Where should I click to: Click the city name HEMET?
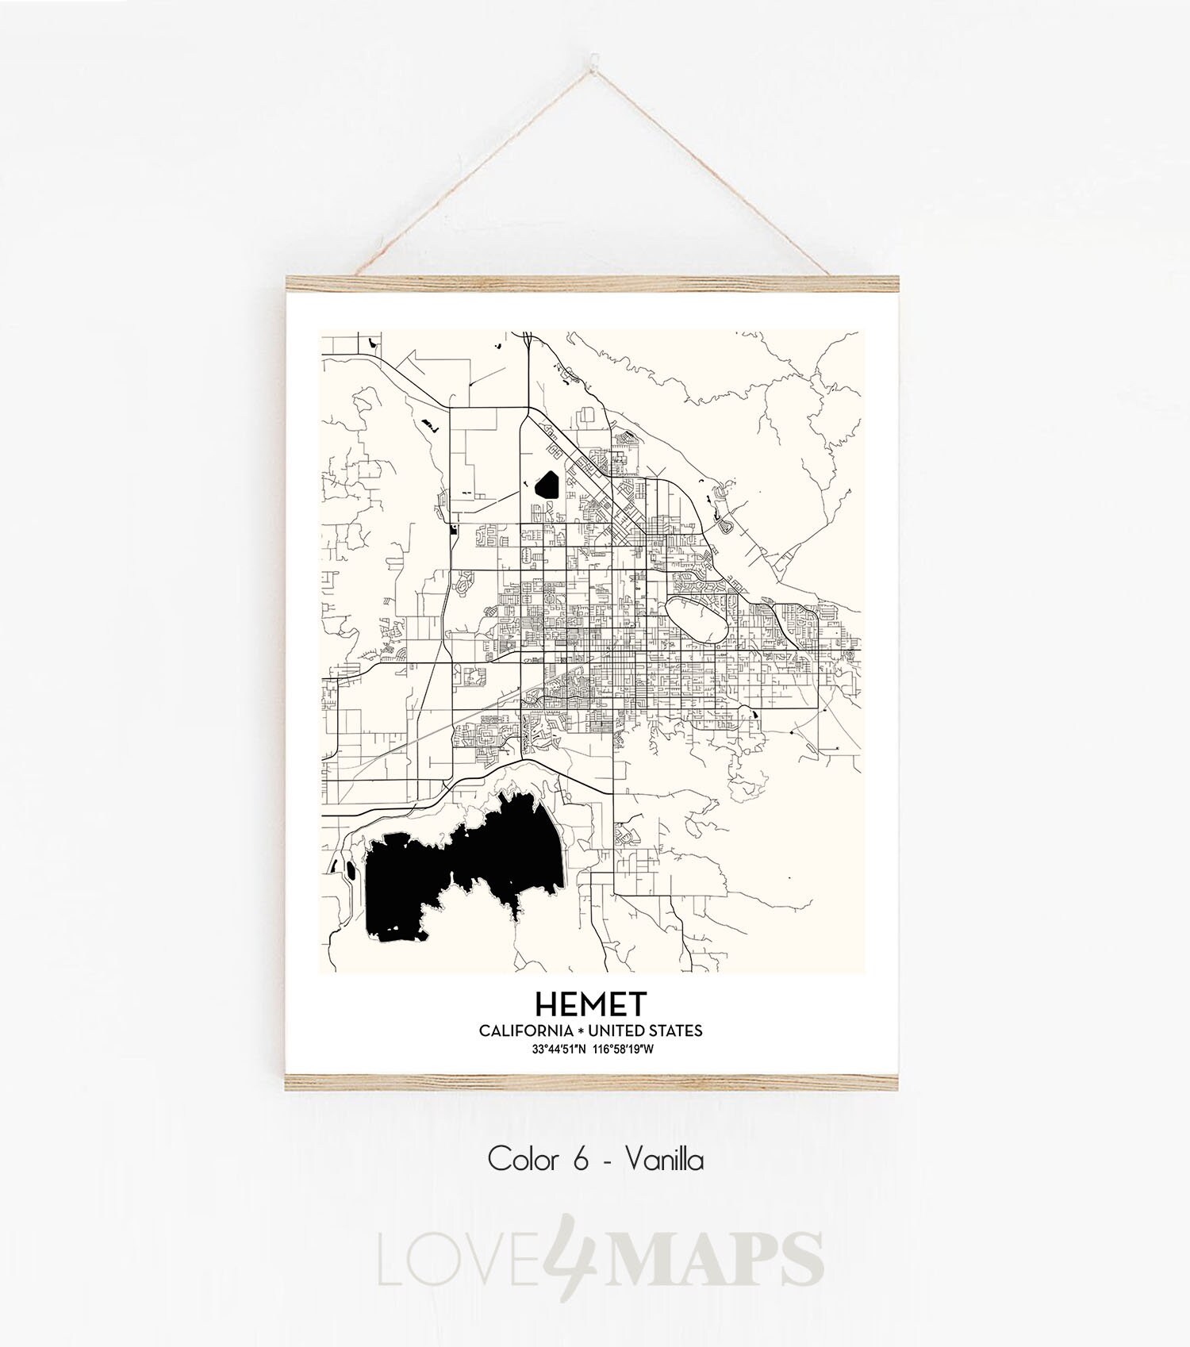[x=590, y=1004]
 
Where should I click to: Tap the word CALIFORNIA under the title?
[x=526, y=1030]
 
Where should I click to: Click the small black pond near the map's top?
[x=547, y=484]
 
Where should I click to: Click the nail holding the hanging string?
[x=592, y=58]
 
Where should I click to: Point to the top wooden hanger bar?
[x=592, y=283]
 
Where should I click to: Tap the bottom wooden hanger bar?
[x=592, y=1083]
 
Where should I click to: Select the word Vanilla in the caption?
[x=664, y=1160]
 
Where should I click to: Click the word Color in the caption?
[x=522, y=1160]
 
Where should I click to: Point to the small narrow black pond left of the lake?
[x=351, y=869]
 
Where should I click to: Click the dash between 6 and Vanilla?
[x=607, y=1161]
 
